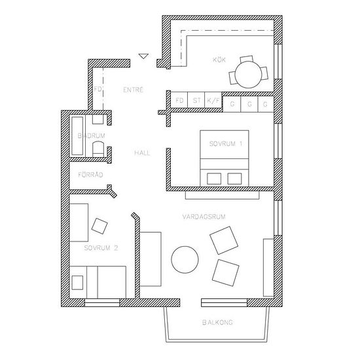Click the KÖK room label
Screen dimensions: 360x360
tap(219, 60)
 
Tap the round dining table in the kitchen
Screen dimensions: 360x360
tap(249, 75)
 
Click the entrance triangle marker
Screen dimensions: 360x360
tap(143, 56)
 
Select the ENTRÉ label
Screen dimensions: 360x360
tap(133, 90)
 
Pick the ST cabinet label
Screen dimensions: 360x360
tap(196, 100)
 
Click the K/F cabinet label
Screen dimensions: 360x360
tap(213, 100)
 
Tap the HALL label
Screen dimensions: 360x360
tap(142, 153)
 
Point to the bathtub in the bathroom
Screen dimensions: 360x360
tap(77, 136)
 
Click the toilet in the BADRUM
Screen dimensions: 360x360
tap(98, 149)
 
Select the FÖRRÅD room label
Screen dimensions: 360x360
tap(90, 175)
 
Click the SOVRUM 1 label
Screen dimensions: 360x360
tap(226, 144)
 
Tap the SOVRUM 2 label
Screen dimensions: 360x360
tap(101, 248)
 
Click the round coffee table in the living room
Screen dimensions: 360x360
tap(185, 260)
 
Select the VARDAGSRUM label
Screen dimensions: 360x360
tap(204, 217)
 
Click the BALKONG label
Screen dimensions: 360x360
tap(217, 322)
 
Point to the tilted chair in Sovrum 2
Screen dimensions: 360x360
tap(99, 226)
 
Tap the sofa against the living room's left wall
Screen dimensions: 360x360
tap(151, 259)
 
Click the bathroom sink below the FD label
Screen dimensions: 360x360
tap(98, 119)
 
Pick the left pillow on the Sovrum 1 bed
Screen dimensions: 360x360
tap(214, 179)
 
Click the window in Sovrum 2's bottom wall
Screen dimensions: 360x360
tap(102, 302)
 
